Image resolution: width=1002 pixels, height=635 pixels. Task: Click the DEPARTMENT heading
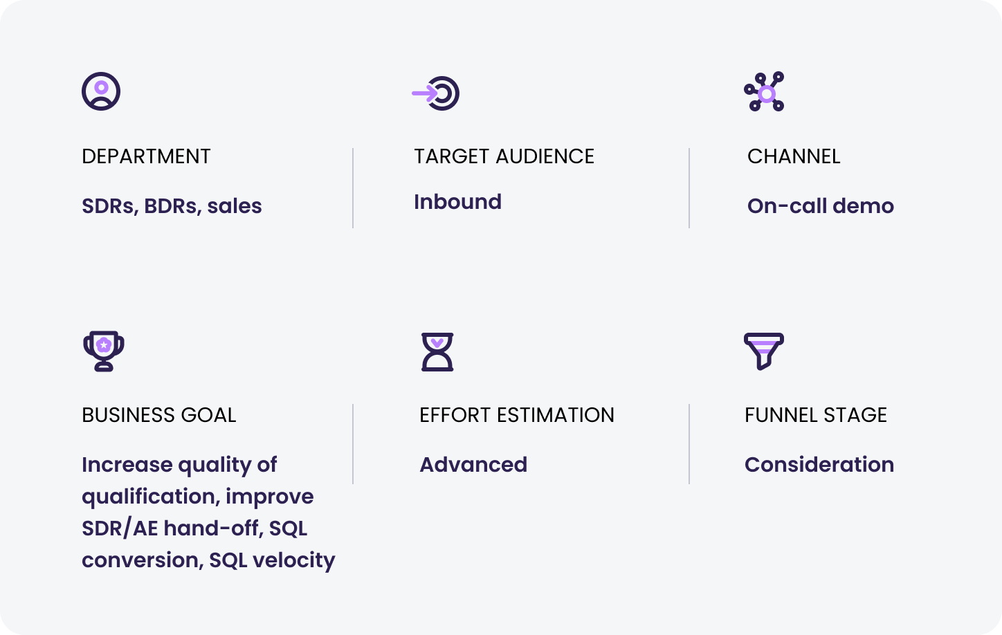(146, 156)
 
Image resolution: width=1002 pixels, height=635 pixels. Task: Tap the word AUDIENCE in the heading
(545, 156)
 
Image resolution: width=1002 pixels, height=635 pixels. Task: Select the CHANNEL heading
(794, 156)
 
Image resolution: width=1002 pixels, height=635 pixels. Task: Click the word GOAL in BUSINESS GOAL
(208, 415)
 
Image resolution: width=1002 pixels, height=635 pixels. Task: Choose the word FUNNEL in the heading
(781, 415)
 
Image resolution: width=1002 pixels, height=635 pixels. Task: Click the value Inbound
(457, 202)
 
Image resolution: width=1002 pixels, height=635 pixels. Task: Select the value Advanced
(473, 465)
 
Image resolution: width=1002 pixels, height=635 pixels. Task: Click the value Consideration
(819, 465)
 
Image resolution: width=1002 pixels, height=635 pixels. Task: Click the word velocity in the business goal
(294, 561)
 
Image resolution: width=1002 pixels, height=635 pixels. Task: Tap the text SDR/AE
(120, 528)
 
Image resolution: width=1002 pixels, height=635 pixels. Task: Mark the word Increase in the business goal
(127, 465)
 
